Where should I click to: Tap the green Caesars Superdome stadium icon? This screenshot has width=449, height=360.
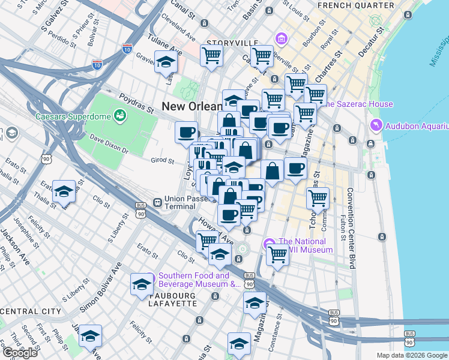pos(120,115)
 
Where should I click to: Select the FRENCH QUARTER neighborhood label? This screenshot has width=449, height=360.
pos(356,5)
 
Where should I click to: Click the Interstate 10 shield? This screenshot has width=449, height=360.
pos(127,49)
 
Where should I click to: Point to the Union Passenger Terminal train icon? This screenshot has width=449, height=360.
pos(157,203)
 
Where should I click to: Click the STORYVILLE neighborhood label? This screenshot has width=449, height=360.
pos(232,43)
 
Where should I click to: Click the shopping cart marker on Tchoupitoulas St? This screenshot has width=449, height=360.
pos(317,197)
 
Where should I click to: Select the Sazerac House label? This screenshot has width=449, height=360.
pos(360,104)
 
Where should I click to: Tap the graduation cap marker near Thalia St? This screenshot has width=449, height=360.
pos(64,191)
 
